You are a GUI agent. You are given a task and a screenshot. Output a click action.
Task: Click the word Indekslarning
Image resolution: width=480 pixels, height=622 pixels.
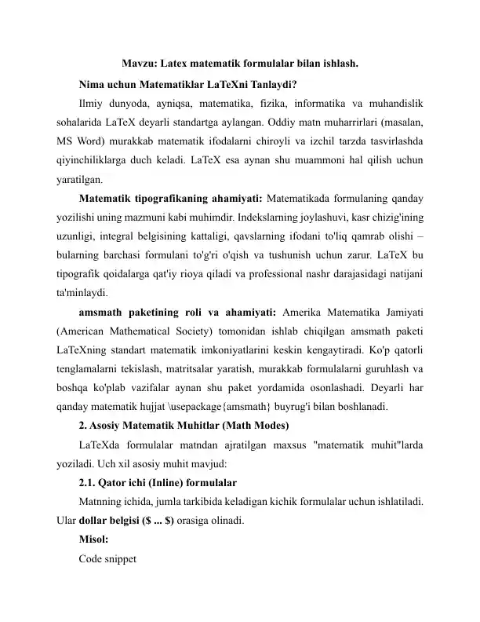(x=239, y=227)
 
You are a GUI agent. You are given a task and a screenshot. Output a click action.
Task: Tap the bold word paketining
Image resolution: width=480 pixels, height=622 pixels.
(x=159, y=329)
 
